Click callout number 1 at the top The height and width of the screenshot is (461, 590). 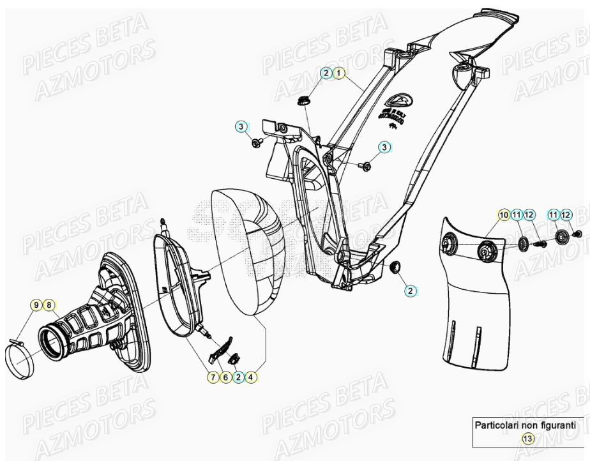[339, 73]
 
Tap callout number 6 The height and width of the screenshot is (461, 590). [225, 377]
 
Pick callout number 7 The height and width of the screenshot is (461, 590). [212, 377]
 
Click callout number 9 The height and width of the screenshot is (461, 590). [37, 305]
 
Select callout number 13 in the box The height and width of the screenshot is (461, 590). [527, 439]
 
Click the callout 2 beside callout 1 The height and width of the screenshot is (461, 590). [326, 73]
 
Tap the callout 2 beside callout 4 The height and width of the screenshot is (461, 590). [238, 377]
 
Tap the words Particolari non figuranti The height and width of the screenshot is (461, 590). [526, 425]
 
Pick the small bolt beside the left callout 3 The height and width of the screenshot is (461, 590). [257, 142]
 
